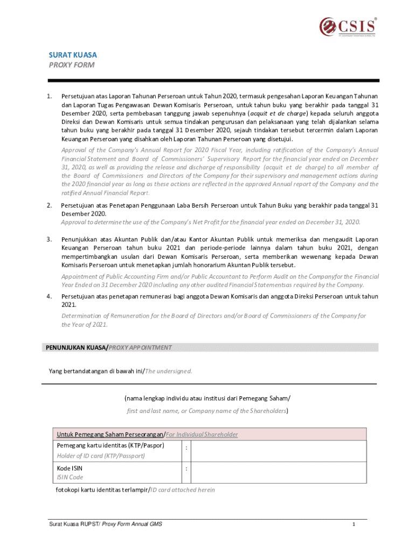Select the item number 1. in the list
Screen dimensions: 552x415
point(49,96)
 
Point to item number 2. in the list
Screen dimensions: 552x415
point(49,205)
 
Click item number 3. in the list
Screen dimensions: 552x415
point(49,239)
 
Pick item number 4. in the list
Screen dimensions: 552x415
point(49,296)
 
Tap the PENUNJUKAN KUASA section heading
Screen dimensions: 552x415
point(75,348)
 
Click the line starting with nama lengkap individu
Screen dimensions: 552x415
point(207,398)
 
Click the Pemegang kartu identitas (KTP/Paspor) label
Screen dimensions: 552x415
point(110,446)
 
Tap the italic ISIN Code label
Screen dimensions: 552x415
point(70,478)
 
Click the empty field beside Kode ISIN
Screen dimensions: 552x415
point(279,472)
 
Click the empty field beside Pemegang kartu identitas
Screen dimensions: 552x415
point(279,451)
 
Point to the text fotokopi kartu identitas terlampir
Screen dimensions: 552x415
point(102,490)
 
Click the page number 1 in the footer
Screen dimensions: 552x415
point(353,525)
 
